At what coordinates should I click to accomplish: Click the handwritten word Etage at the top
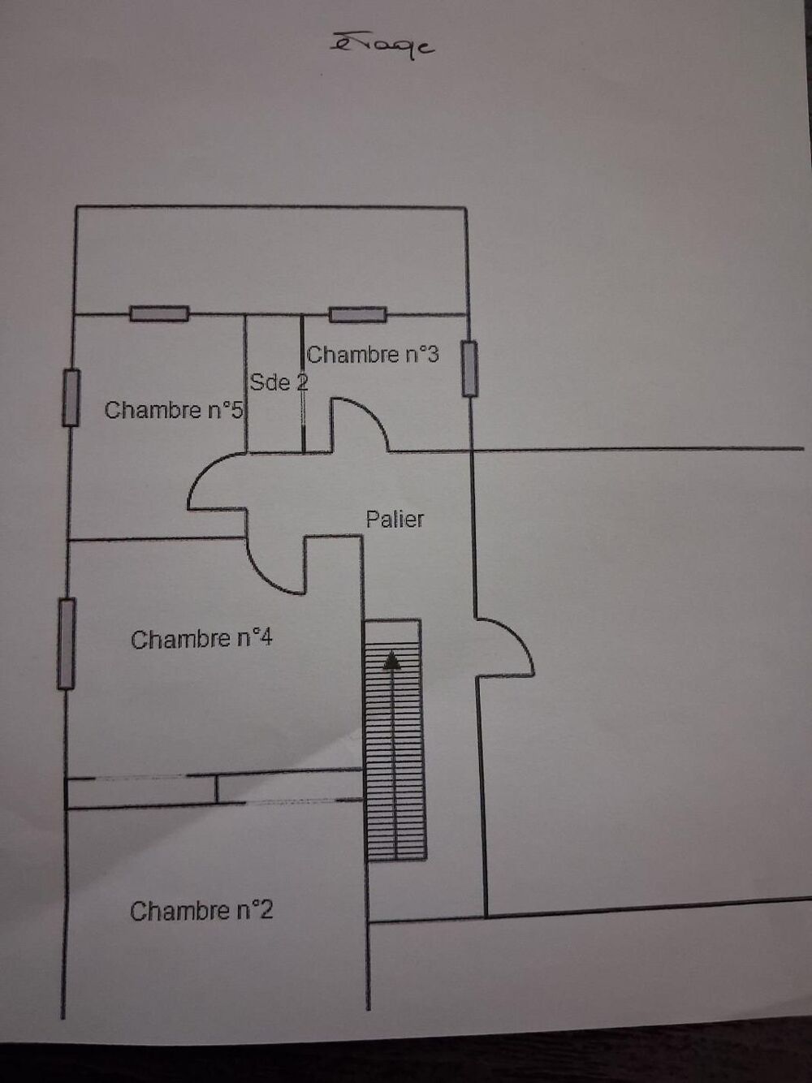(x=382, y=46)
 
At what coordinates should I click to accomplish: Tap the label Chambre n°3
(x=373, y=354)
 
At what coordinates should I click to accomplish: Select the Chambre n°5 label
(x=174, y=409)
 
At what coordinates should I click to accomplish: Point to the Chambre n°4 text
(x=201, y=639)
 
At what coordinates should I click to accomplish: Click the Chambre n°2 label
(x=201, y=910)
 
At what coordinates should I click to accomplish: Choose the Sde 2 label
(x=279, y=382)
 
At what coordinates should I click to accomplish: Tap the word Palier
(x=395, y=519)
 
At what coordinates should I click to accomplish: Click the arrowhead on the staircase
(x=391, y=661)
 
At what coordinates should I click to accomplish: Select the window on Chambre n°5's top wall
(x=159, y=313)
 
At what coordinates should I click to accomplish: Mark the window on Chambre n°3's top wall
(x=357, y=314)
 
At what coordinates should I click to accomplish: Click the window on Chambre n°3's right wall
(x=469, y=369)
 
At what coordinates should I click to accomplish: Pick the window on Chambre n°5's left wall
(x=71, y=398)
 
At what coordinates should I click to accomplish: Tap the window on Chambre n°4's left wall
(x=67, y=643)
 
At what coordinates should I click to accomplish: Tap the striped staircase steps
(x=395, y=740)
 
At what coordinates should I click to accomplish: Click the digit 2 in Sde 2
(x=302, y=382)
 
